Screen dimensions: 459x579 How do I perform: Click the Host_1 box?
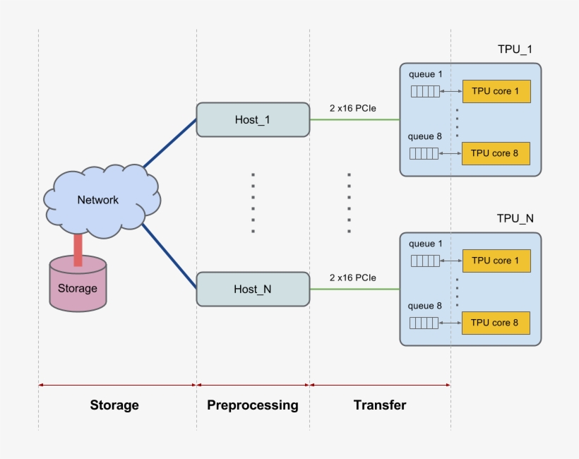[253, 119]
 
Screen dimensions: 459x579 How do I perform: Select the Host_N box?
[253, 289]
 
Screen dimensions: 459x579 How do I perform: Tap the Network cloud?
[99, 200]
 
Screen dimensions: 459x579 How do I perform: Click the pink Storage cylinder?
[78, 287]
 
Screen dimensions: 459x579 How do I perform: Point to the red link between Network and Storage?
[78, 250]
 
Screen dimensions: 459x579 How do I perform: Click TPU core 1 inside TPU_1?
[496, 92]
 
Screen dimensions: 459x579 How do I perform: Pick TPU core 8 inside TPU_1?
[496, 153]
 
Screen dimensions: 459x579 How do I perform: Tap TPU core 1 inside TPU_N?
[496, 261]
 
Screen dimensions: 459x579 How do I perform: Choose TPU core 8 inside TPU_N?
[496, 323]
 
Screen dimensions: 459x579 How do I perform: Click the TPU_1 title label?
[515, 49]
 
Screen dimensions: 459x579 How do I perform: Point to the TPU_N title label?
[515, 218]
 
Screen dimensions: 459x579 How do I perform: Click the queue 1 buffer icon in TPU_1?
[424, 92]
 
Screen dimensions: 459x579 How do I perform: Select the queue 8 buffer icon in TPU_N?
[424, 323]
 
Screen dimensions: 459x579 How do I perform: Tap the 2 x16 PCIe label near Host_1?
[352, 108]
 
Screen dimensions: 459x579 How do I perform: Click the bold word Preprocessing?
[253, 405]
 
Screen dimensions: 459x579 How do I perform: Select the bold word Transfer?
[380, 405]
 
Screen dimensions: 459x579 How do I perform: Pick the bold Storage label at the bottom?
[114, 405]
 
